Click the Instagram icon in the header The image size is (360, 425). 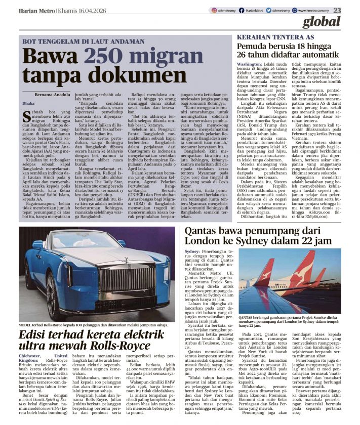click(214, 10)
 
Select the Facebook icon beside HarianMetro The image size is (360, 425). click(244, 10)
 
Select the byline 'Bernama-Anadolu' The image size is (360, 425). click(53, 95)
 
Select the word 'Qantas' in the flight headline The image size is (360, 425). click(209, 232)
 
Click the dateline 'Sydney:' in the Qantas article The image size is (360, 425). click(193, 251)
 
